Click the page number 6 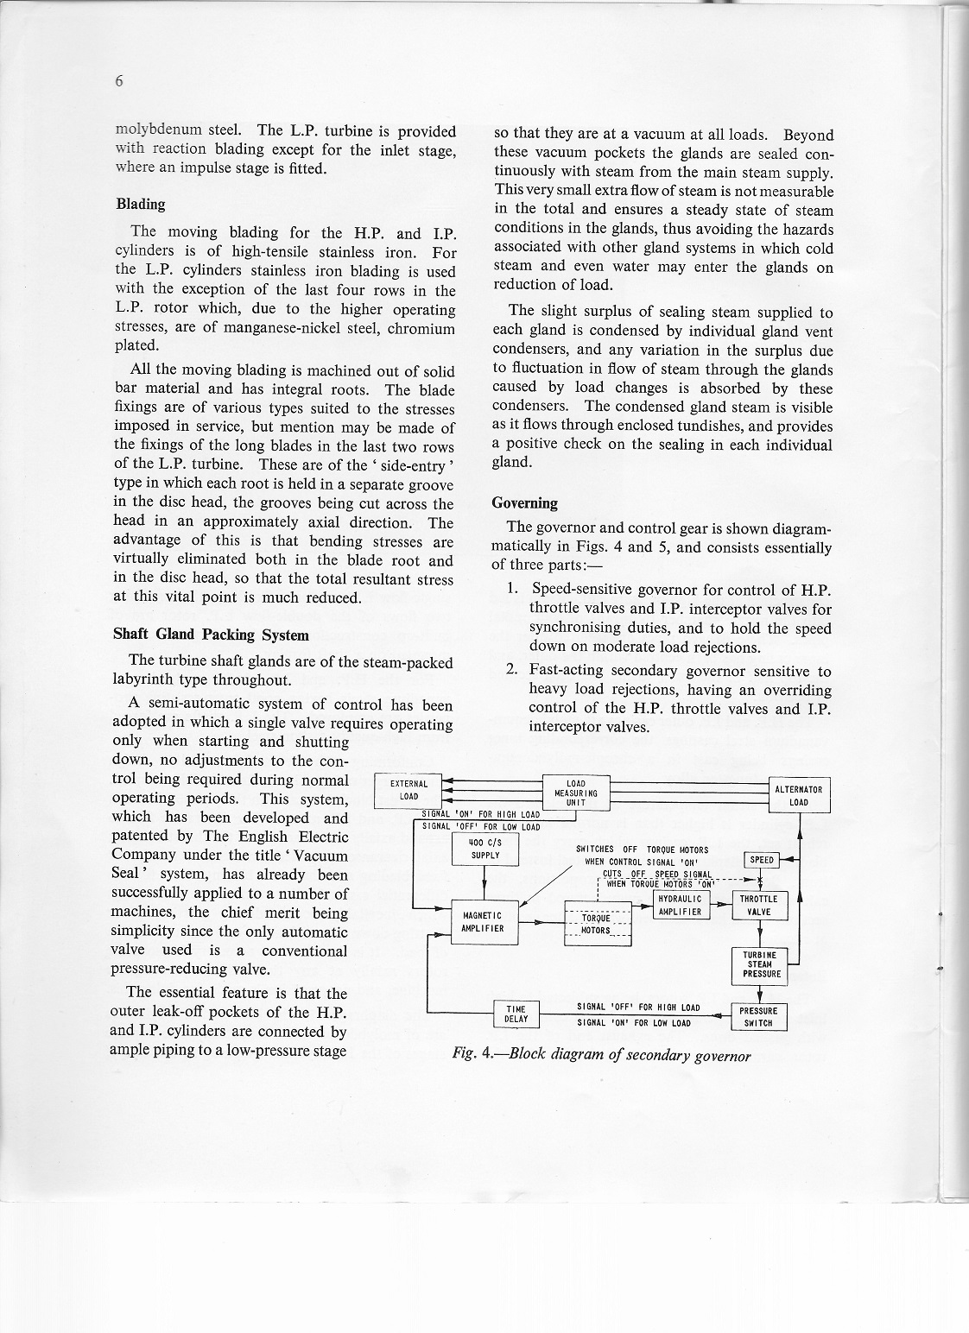pos(119,82)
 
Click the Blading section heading pos(141,205)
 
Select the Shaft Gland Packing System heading pos(211,635)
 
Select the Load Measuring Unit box pos(576,793)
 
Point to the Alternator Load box pos(799,795)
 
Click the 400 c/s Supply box pos(484,850)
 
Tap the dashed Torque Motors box pos(597,924)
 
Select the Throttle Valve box pos(759,906)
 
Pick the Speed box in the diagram pos(761,860)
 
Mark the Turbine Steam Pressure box pos(760,964)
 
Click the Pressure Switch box pos(759,1017)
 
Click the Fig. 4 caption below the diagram pos(602,1056)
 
